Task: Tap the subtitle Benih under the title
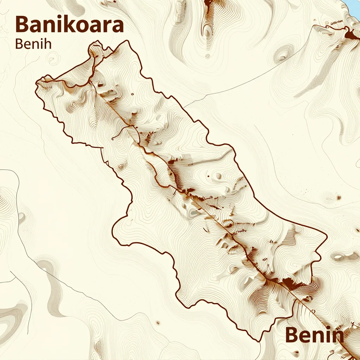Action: [x=34, y=44]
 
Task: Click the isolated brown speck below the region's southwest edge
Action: [x=158, y=322]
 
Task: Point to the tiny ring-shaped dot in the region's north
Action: [x=132, y=94]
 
